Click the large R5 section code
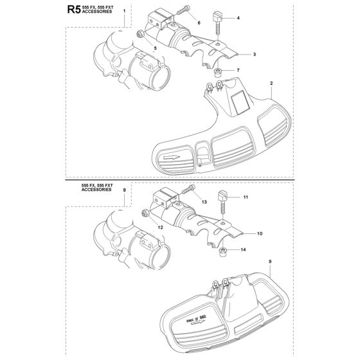(x=74, y=10)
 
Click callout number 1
(x=125, y=11)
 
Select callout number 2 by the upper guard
(x=271, y=84)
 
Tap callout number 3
(x=255, y=55)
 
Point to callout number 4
(x=239, y=18)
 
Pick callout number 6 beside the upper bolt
(x=199, y=22)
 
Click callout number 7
(x=238, y=70)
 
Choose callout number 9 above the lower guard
(x=270, y=262)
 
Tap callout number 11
(x=246, y=197)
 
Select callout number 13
(x=204, y=202)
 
